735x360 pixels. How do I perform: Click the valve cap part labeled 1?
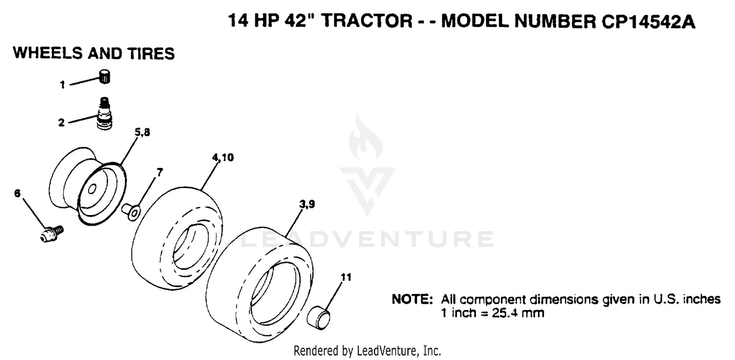pos(105,77)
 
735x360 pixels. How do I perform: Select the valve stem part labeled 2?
pos(105,114)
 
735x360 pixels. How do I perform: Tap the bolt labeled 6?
pos(51,234)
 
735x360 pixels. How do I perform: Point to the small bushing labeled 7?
pos(131,212)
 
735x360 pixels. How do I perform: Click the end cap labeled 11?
pos(318,318)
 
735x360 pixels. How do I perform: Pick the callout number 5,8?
pos(143,132)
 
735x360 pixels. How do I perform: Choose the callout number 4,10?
pos(223,158)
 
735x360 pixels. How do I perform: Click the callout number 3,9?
pos(307,204)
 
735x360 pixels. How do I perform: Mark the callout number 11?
pos(346,277)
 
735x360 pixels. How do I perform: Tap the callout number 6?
pos(17,193)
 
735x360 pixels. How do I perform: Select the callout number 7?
pos(160,172)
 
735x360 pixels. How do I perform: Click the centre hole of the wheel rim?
pos(92,189)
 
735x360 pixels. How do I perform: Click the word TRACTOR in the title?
pos(367,21)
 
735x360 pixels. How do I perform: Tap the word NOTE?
pos(413,299)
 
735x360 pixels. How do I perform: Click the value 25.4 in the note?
pos(505,313)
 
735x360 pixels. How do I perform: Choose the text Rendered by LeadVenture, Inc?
pos(367,351)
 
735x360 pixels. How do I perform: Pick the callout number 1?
pos(62,85)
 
